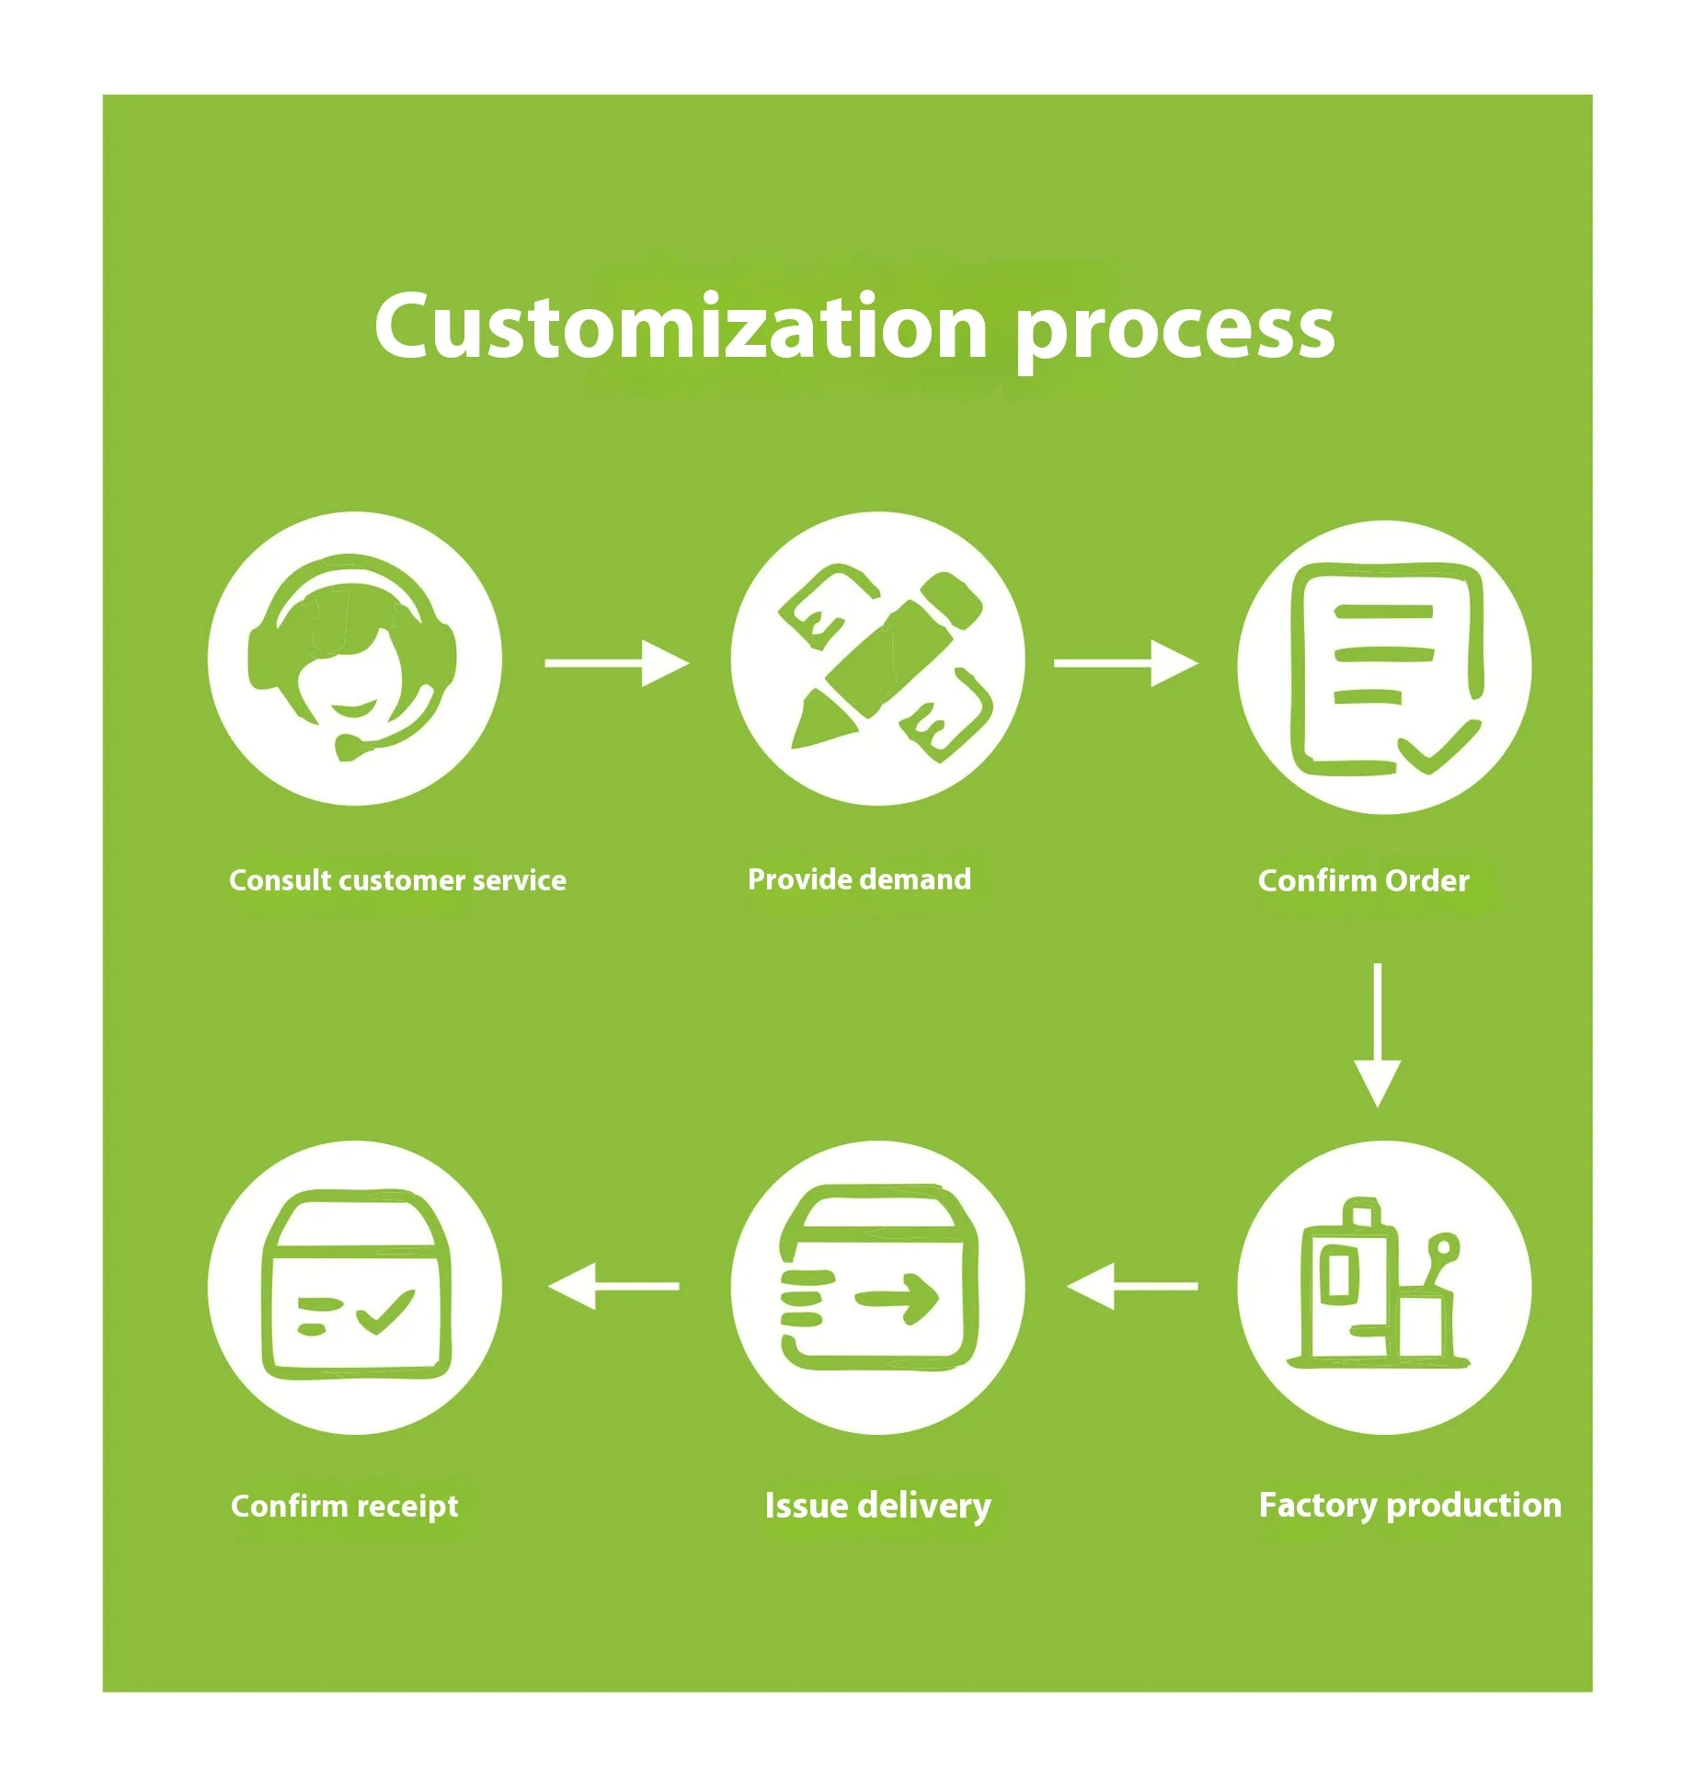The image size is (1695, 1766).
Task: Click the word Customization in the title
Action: click(681, 327)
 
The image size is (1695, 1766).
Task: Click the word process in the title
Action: click(1174, 331)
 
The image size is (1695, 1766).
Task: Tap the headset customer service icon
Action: click(354, 659)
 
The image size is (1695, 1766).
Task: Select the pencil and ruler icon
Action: click(877, 659)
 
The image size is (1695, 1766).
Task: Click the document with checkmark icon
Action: click(1384, 668)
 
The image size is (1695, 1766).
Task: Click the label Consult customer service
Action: click(397, 880)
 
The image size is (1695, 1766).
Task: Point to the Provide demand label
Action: click(859, 879)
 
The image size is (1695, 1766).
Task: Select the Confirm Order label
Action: click(1363, 880)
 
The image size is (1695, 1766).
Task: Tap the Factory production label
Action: click(1409, 1506)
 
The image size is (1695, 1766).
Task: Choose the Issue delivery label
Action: click(877, 1506)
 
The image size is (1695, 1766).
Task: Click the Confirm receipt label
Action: click(344, 1506)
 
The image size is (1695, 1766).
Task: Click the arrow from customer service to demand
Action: click(616, 663)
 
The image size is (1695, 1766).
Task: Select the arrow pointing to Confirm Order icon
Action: click(1126, 663)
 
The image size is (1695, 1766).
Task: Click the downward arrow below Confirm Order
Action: click(1377, 1035)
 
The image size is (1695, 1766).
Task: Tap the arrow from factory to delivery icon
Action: click(1133, 1286)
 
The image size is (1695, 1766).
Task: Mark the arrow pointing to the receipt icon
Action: click(613, 1286)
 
